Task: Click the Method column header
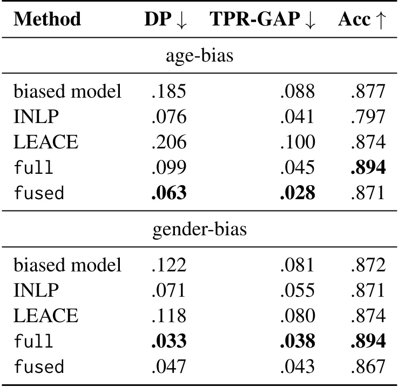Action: click(48, 19)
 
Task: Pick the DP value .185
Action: click(168, 92)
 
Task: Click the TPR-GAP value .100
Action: click(297, 142)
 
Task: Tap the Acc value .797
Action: click(367, 117)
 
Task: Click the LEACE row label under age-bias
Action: click(45, 142)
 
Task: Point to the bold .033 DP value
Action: click(168, 342)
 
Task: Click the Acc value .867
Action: click(367, 367)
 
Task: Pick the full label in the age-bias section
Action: click(33, 168)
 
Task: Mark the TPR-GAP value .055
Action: click(297, 291)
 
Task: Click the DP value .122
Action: click(168, 266)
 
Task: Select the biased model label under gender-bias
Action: click(67, 266)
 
